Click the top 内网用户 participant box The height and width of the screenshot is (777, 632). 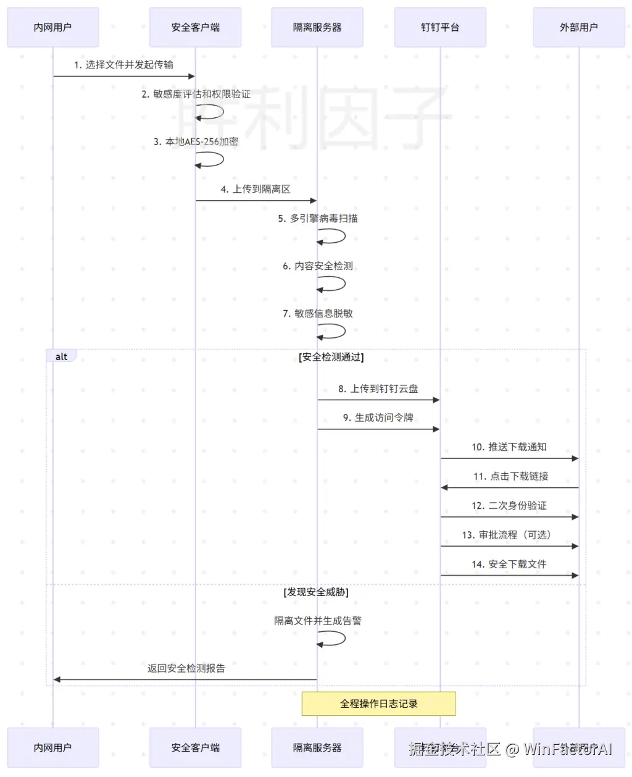[53, 27]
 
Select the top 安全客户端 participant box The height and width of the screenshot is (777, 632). [195, 27]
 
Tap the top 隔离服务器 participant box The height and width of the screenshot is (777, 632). [317, 27]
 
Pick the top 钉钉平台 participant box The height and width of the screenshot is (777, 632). [440, 27]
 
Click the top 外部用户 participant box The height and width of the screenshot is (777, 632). [578, 27]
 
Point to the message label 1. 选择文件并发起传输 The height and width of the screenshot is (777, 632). [123, 65]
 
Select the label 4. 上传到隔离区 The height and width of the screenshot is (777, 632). [256, 189]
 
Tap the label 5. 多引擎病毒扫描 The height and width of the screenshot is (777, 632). [317, 218]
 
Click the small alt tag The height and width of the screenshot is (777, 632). [61, 356]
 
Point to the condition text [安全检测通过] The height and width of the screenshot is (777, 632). [331, 357]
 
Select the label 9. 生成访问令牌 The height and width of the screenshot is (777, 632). [378, 418]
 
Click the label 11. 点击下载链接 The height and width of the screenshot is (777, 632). [510, 476]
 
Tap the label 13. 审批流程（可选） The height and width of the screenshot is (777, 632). [506, 535]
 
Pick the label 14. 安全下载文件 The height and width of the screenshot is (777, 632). [509, 564]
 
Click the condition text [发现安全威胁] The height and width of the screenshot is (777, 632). [316, 592]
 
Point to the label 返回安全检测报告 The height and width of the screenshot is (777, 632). [186, 668]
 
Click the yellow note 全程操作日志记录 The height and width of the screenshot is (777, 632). [378, 703]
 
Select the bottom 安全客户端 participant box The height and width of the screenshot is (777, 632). [195, 747]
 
